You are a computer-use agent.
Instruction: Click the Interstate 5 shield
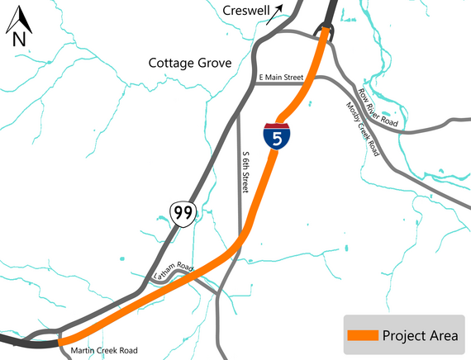click(x=277, y=136)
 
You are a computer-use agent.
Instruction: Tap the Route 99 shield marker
click(x=183, y=214)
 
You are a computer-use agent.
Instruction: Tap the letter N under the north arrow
click(x=19, y=37)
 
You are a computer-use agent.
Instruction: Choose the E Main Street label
click(x=282, y=78)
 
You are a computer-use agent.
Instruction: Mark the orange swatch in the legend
click(x=362, y=335)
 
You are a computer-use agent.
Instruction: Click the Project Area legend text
click(x=420, y=334)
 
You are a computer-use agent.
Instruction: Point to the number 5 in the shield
click(x=277, y=139)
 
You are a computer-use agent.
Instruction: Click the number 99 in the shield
click(x=183, y=215)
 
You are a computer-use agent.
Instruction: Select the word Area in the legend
click(x=443, y=334)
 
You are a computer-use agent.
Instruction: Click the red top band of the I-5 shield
click(x=277, y=125)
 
